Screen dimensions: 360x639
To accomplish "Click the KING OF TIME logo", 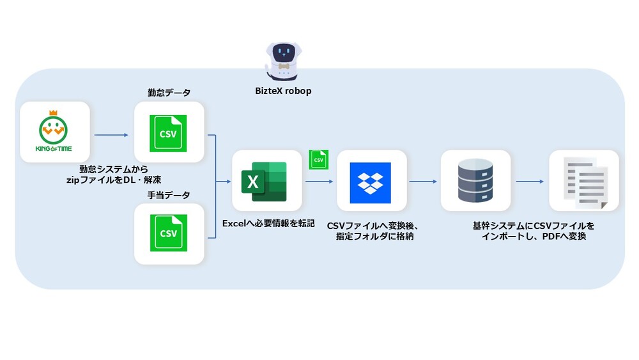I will click(x=54, y=136).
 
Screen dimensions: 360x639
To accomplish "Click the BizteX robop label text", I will click(x=283, y=91).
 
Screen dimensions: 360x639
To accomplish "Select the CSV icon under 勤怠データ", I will click(x=168, y=134).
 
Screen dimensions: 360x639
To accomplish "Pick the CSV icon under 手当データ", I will click(x=168, y=233).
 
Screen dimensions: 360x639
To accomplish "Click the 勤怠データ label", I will click(x=169, y=93).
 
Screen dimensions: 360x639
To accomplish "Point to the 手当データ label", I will click(x=169, y=194).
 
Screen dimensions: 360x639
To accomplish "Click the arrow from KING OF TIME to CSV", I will click(x=111, y=135).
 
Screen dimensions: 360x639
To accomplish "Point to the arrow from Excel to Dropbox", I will click(x=319, y=182).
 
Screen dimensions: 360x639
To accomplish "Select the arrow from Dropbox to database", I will click(x=422, y=182).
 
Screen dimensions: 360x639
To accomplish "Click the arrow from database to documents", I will click(x=529, y=182).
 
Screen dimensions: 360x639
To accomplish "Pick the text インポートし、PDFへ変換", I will click(x=533, y=237).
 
